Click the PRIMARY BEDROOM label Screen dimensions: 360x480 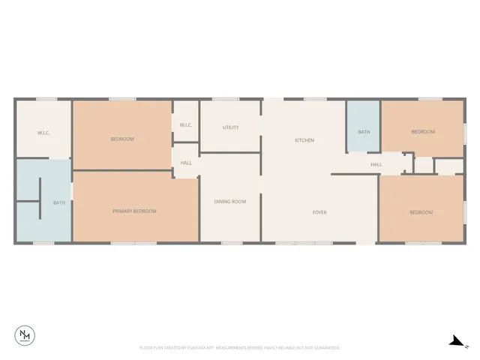coord(135,211)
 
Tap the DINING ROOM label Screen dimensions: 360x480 coord(230,201)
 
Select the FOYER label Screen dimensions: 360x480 coord(319,212)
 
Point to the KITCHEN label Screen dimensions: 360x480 coord(304,140)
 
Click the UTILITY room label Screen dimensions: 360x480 coord(231,127)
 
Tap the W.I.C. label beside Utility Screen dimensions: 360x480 coord(186,125)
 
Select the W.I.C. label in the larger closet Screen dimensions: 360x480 coord(43,133)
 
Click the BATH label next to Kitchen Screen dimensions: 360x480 coord(364,132)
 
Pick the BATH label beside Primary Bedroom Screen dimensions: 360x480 coord(58,202)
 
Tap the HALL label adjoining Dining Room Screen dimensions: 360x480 coord(186,162)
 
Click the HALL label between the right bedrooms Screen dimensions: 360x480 coord(376,164)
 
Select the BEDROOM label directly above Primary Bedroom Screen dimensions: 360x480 coord(122,139)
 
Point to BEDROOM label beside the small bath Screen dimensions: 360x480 coord(423,132)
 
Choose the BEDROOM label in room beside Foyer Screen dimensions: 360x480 coord(421,212)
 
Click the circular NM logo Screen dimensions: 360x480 coord(25,335)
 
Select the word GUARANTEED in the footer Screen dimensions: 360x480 coord(326,348)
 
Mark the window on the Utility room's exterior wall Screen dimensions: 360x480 coord(226,99)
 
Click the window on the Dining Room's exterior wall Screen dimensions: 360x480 coord(231,243)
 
